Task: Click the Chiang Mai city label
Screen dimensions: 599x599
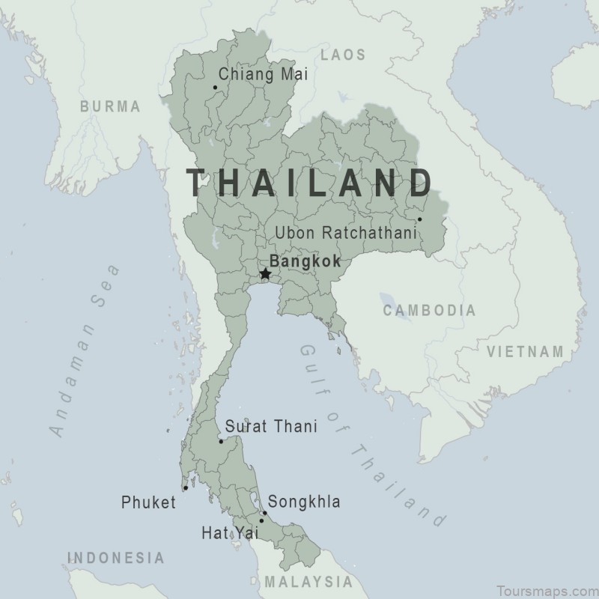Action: point(262,74)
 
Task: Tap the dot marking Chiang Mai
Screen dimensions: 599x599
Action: point(215,87)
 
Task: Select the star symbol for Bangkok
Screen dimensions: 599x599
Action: point(265,275)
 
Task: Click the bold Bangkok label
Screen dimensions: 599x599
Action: point(305,262)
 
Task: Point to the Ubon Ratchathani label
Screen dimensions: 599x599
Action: point(345,233)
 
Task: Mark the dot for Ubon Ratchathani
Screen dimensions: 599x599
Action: point(419,219)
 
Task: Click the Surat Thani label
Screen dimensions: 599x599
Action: point(271,426)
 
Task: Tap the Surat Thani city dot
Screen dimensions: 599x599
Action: point(221,441)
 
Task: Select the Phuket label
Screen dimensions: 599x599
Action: point(148,502)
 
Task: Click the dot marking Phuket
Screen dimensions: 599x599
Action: point(185,487)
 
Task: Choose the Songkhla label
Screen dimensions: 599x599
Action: point(304,502)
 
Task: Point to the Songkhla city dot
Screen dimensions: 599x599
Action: point(264,514)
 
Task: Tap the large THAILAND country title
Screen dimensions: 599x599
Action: point(309,182)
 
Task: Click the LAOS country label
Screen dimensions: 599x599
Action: point(343,55)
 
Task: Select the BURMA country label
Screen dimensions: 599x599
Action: point(110,106)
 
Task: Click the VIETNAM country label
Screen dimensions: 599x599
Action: point(525,351)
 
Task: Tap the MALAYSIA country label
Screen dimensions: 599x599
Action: point(308,582)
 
